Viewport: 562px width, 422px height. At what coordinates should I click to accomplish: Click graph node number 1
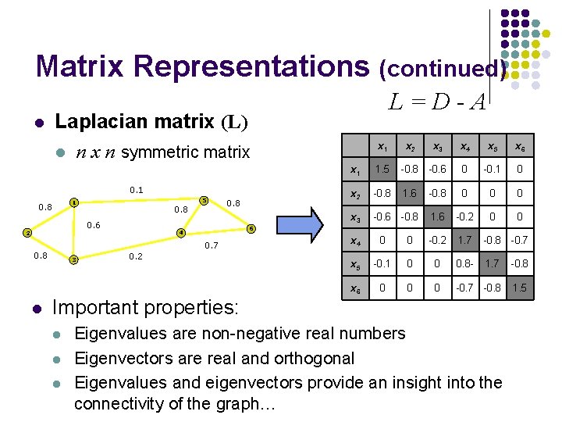(x=74, y=203)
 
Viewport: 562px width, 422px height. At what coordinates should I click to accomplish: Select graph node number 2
(x=27, y=233)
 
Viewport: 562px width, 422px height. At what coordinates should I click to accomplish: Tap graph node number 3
(x=73, y=259)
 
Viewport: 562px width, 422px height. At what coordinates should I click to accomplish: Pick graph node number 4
(x=181, y=233)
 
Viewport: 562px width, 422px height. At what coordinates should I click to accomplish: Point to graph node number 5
(x=204, y=199)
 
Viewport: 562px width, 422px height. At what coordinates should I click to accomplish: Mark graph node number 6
(x=251, y=229)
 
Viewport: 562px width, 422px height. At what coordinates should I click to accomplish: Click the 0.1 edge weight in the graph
(x=137, y=190)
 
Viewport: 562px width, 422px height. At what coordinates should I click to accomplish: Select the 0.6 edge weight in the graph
(x=94, y=225)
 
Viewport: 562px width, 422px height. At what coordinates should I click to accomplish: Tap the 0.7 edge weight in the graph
(x=211, y=246)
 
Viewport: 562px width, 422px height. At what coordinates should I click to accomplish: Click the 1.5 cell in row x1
(x=382, y=170)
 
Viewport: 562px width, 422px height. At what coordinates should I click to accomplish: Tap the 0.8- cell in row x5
(x=464, y=264)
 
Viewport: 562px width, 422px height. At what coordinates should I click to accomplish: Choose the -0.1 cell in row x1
(x=491, y=170)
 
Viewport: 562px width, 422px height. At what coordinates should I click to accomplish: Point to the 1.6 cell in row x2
(x=410, y=194)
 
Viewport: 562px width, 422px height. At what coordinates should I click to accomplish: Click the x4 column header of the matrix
(x=464, y=146)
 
